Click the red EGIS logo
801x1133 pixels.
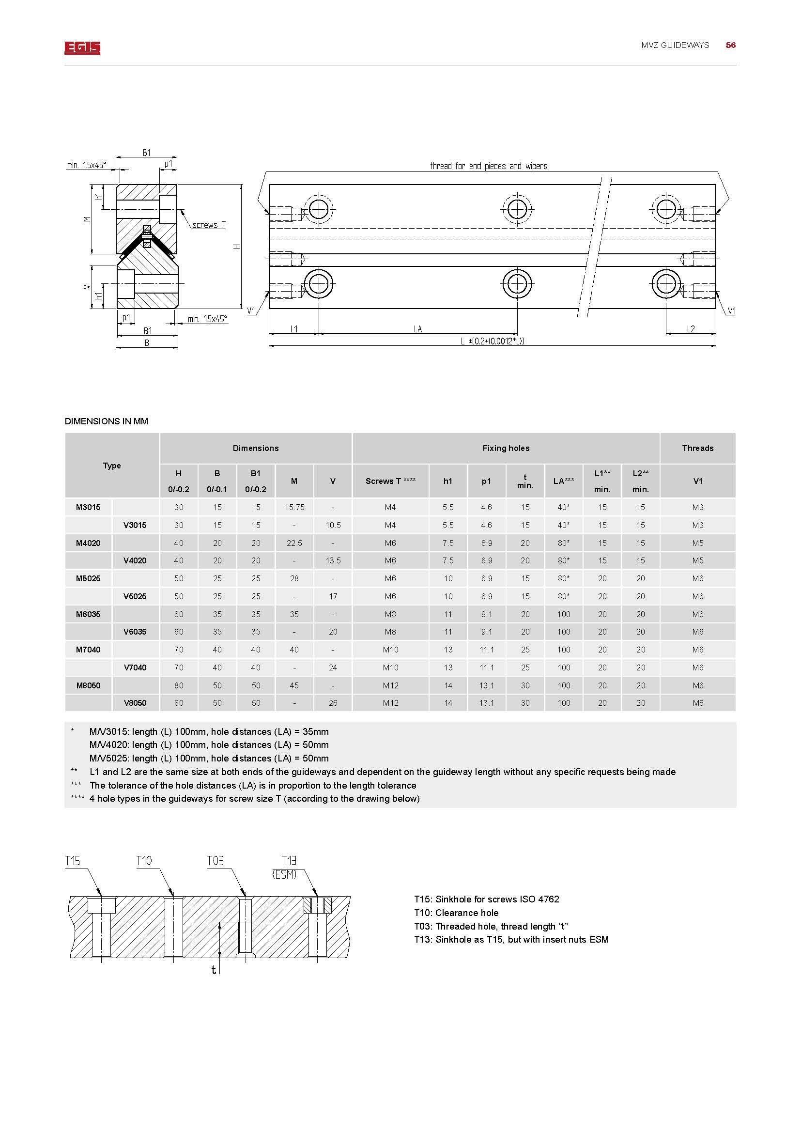click(x=82, y=47)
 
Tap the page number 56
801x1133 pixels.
click(x=730, y=45)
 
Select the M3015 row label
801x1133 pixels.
click(x=88, y=507)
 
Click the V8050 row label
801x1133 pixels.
click(x=135, y=703)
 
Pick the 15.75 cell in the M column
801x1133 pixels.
click(x=294, y=507)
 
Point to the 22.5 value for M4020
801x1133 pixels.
click(x=294, y=543)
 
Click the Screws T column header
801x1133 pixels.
click(x=390, y=481)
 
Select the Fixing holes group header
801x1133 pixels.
click(x=506, y=448)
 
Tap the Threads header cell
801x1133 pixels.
click(x=697, y=448)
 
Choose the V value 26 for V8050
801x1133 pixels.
click(x=333, y=703)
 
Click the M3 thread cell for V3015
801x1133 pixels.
click(x=697, y=525)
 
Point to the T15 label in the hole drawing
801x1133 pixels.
click(x=73, y=861)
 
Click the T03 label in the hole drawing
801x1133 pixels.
click(x=215, y=861)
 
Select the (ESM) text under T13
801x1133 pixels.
click(x=284, y=874)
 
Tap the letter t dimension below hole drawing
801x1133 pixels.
click(x=214, y=970)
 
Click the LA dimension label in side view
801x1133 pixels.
click(x=418, y=329)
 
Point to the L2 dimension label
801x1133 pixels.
click(x=691, y=329)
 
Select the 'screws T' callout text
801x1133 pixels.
click(x=209, y=225)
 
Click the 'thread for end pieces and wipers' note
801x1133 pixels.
click(x=488, y=166)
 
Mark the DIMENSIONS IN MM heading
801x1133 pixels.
click(x=106, y=421)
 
